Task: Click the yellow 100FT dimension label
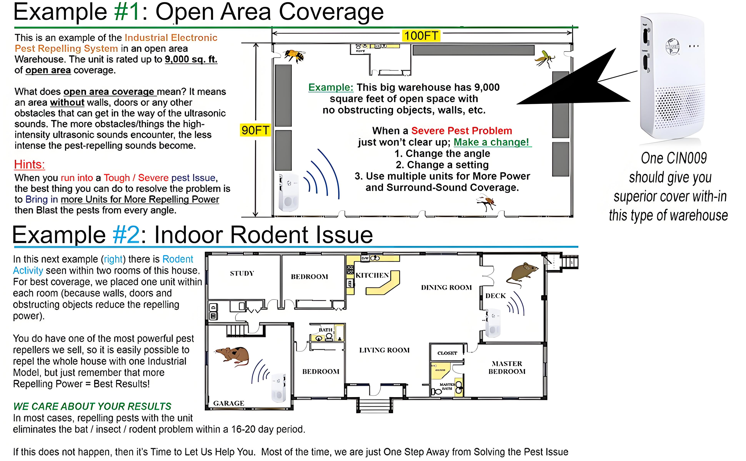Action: [x=421, y=36]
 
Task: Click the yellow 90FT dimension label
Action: [x=255, y=130]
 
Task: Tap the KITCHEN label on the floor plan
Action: [x=372, y=275]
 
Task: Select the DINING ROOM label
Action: [x=446, y=288]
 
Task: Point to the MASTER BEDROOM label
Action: [x=507, y=367]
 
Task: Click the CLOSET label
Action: [x=447, y=353]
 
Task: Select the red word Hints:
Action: [x=30, y=165]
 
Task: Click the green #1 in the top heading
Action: [x=127, y=12]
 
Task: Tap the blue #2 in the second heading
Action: [x=126, y=235]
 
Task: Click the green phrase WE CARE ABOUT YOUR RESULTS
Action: [x=92, y=406]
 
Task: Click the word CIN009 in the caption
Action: [x=689, y=158]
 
